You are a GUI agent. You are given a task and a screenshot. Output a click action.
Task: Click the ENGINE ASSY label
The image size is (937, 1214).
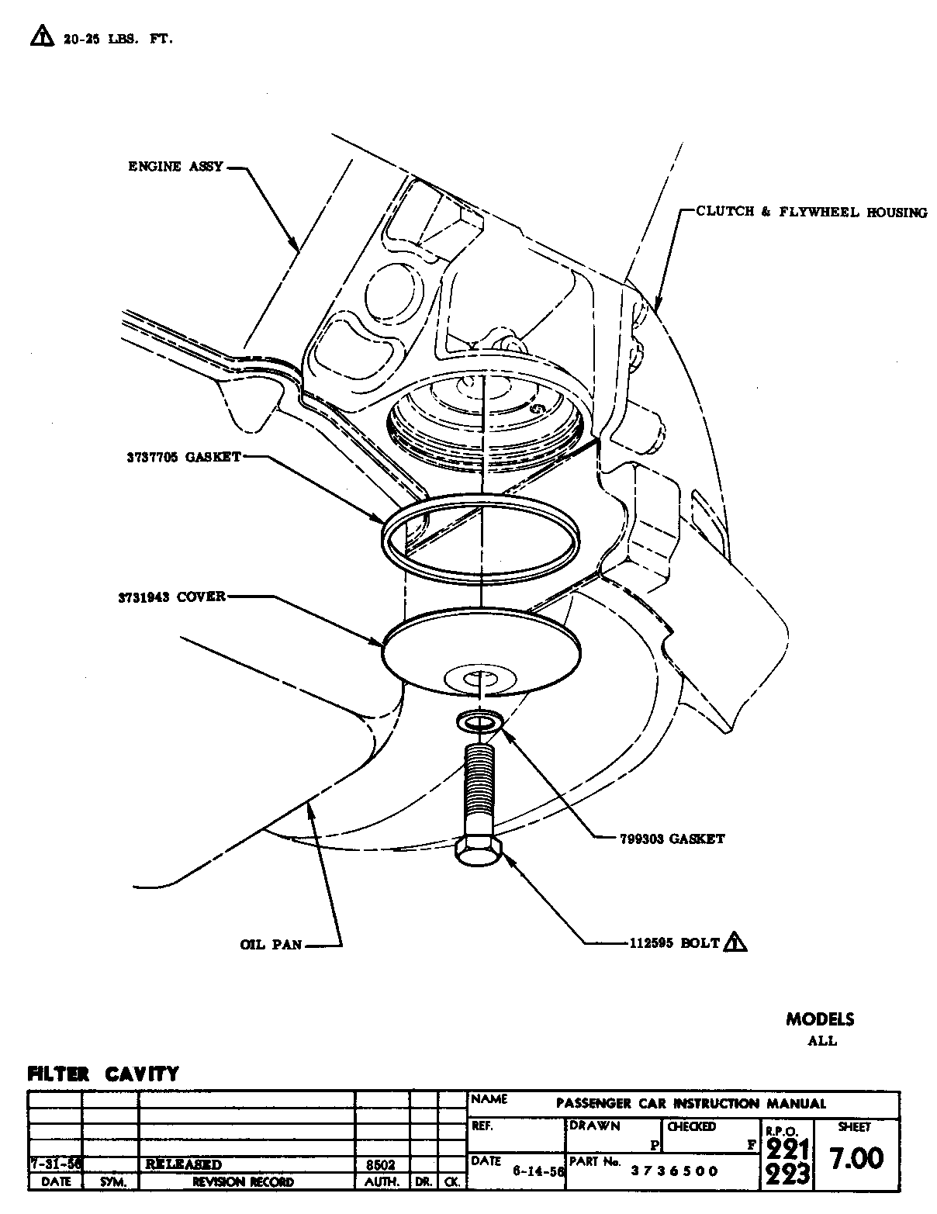(175, 166)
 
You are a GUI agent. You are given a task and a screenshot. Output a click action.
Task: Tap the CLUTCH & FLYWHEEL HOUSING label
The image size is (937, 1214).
(811, 212)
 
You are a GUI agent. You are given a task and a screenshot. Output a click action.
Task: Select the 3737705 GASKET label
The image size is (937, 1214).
(184, 457)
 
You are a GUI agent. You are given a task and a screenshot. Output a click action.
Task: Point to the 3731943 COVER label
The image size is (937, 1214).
(171, 597)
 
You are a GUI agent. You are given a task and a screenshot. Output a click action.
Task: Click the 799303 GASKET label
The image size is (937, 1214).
(672, 839)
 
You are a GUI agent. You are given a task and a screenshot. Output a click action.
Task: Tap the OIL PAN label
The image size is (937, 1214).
(271, 945)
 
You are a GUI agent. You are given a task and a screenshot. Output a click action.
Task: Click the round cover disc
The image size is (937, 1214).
(481, 649)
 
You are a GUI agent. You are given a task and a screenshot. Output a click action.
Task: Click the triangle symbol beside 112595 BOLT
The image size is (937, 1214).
(735, 942)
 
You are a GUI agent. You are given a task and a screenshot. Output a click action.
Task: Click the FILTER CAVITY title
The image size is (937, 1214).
(103, 1074)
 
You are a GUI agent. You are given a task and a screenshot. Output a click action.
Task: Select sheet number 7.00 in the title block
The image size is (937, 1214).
(856, 1159)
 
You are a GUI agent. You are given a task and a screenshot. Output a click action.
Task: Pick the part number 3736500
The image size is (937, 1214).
(674, 1171)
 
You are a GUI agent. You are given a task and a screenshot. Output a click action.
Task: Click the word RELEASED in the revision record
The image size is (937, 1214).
(183, 1164)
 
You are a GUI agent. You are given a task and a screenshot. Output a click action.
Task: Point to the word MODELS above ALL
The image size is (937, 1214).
(820, 1019)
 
